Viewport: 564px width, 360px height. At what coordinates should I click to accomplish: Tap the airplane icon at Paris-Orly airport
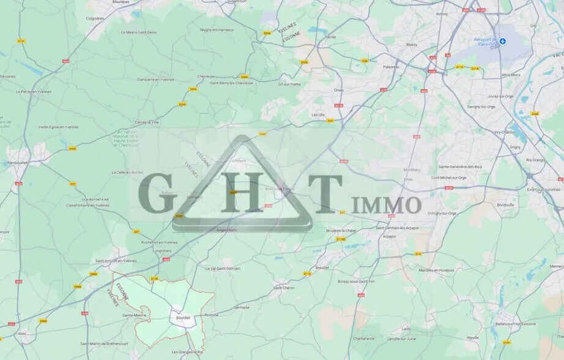tap(502, 42)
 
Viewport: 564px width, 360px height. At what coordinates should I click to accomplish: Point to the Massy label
tap(412, 45)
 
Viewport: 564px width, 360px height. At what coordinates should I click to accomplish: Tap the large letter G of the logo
tap(153, 194)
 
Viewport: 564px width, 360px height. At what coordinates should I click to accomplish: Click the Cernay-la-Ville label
tap(147, 122)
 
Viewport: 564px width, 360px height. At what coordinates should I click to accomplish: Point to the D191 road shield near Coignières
tap(21, 41)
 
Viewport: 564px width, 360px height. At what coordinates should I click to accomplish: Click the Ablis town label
tap(22, 334)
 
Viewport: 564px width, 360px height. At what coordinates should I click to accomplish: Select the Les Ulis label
tap(318, 114)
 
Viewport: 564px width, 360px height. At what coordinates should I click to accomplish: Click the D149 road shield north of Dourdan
tap(154, 279)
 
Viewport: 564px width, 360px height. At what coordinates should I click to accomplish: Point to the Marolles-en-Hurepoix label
tap(436, 269)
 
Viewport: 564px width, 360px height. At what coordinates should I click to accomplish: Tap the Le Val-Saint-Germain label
tap(223, 268)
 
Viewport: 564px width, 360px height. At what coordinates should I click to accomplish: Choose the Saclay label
tap(330, 36)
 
